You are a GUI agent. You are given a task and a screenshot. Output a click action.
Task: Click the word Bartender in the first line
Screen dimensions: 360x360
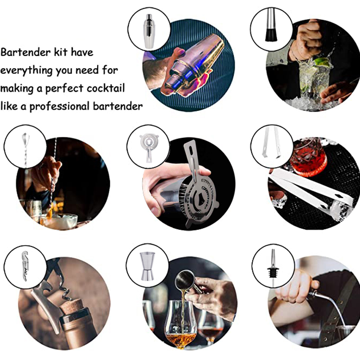[x=23, y=52]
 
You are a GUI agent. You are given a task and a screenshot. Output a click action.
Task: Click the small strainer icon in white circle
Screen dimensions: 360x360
[x=148, y=146]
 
